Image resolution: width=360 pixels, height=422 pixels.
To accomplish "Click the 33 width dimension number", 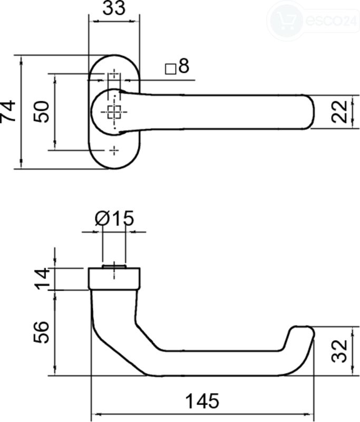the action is (x=114, y=8).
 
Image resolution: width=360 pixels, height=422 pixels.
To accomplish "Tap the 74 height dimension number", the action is (x=8, y=111).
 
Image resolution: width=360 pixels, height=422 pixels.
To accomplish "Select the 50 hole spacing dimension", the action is (x=42, y=111).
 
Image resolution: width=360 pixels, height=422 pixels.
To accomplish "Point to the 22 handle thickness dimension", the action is (x=339, y=111).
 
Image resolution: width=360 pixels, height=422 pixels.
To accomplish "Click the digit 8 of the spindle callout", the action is (x=184, y=66).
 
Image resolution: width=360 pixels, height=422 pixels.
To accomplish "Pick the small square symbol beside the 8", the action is (x=170, y=69).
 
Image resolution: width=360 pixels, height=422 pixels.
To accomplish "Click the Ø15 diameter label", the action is (x=114, y=218).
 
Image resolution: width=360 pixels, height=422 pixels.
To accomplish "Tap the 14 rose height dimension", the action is (x=42, y=279).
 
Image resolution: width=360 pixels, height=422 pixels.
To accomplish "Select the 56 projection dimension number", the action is (x=42, y=332).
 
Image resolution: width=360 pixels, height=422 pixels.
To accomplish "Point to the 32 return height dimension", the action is (x=339, y=351).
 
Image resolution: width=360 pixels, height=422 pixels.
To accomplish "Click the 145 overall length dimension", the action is (x=202, y=401).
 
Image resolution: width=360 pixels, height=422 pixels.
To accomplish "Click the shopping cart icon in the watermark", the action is (x=286, y=20).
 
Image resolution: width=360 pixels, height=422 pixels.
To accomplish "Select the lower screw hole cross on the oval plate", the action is (x=114, y=150).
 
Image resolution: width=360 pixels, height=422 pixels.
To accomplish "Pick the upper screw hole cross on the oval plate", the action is (x=114, y=73).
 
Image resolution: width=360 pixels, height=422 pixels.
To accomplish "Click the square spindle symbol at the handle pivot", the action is (x=114, y=112).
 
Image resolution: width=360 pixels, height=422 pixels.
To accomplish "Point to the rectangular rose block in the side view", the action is (x=114, y=279).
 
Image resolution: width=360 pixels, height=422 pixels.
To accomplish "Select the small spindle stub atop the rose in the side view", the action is (x=114, y=266).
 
